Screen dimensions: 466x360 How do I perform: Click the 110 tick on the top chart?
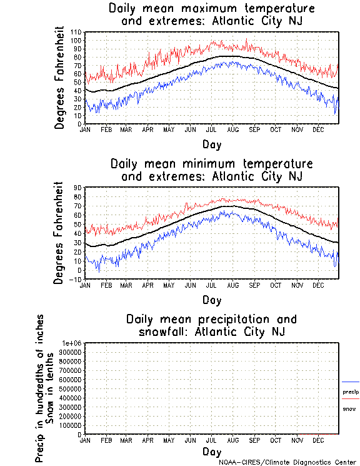(x=77, y=32)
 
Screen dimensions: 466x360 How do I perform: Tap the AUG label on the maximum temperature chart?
(x=232, y=129)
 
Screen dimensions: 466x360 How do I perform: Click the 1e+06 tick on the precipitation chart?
(x=72, y=343)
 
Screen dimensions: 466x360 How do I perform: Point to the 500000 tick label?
(x=71, y=388)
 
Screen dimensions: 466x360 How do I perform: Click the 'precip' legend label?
(x=351, y=392)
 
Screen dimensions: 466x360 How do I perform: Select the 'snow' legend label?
(x=349, y=408)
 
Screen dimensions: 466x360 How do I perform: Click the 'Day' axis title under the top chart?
(x=212, y=144)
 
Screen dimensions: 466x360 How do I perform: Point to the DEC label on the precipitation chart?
(x=317, y=440)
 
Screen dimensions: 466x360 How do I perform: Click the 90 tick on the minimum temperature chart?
(x=79, y=187)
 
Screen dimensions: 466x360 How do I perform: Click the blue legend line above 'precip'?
(x=351, y=382)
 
